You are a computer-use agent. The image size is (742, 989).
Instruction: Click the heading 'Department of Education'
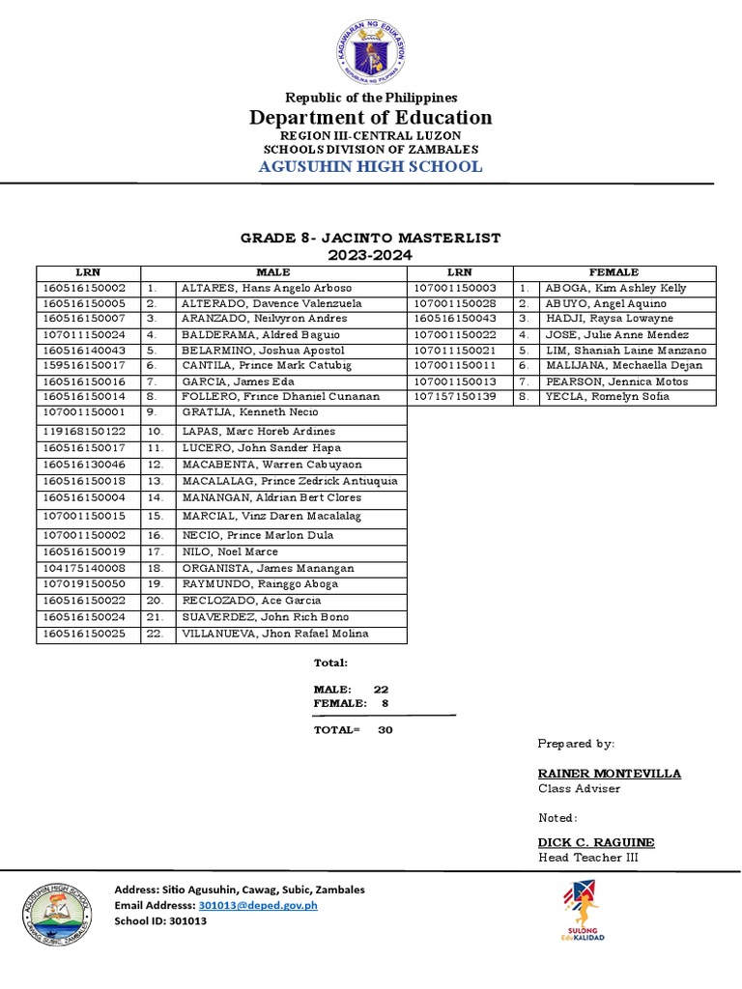click(372, 118)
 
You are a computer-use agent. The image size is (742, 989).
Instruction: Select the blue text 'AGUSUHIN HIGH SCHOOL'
click(372, 166)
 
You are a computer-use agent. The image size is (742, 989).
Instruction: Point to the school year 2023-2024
click(371, 255)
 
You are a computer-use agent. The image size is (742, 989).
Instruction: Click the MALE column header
click(272, 272)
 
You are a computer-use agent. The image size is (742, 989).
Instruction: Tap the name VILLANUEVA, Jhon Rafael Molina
click(274, 634)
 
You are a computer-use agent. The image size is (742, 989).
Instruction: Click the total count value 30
click(385, 729)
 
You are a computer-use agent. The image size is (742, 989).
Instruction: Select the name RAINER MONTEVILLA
click(609, 774)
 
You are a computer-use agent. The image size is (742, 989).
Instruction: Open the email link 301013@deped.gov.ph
click(257, 905)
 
